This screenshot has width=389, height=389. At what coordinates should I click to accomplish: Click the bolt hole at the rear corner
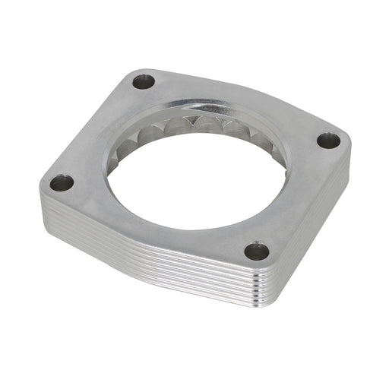(x=143, y=81)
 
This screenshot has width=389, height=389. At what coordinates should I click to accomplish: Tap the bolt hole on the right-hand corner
(x=328, y=141)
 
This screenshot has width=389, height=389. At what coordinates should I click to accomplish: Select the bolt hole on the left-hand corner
(x=62, y=182)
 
